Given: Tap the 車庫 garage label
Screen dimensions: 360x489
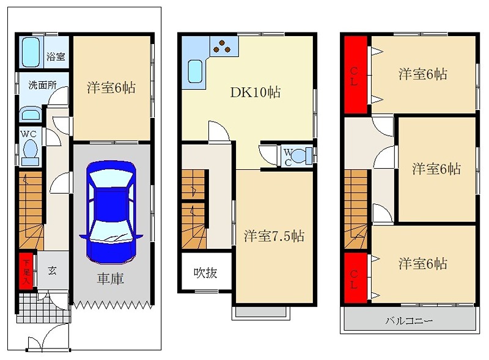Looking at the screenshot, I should tap(111, 279).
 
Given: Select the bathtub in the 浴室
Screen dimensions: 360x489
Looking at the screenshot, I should tap(31, 53).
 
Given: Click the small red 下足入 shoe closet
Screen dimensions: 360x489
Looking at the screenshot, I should tap(26, 270).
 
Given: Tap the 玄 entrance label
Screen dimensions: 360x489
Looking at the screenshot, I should tap(53, 270).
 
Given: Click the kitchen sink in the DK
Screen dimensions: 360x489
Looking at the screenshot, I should tap(195, 72).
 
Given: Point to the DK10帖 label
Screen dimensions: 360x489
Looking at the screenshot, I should tap(255, 93).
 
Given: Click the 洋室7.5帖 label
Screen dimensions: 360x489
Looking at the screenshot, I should tap(274, 236).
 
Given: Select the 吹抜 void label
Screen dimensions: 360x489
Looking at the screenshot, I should tap(205, 273).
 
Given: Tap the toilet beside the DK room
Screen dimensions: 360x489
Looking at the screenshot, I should tap(298, 155).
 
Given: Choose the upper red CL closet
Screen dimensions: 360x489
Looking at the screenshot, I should tap(354, 75).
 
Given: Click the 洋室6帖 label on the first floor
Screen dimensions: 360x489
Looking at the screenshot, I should tap(111, 87).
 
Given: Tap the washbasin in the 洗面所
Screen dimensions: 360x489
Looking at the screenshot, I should tap(29, 115).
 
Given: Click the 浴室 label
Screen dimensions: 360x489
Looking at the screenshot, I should tap(56, 57).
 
